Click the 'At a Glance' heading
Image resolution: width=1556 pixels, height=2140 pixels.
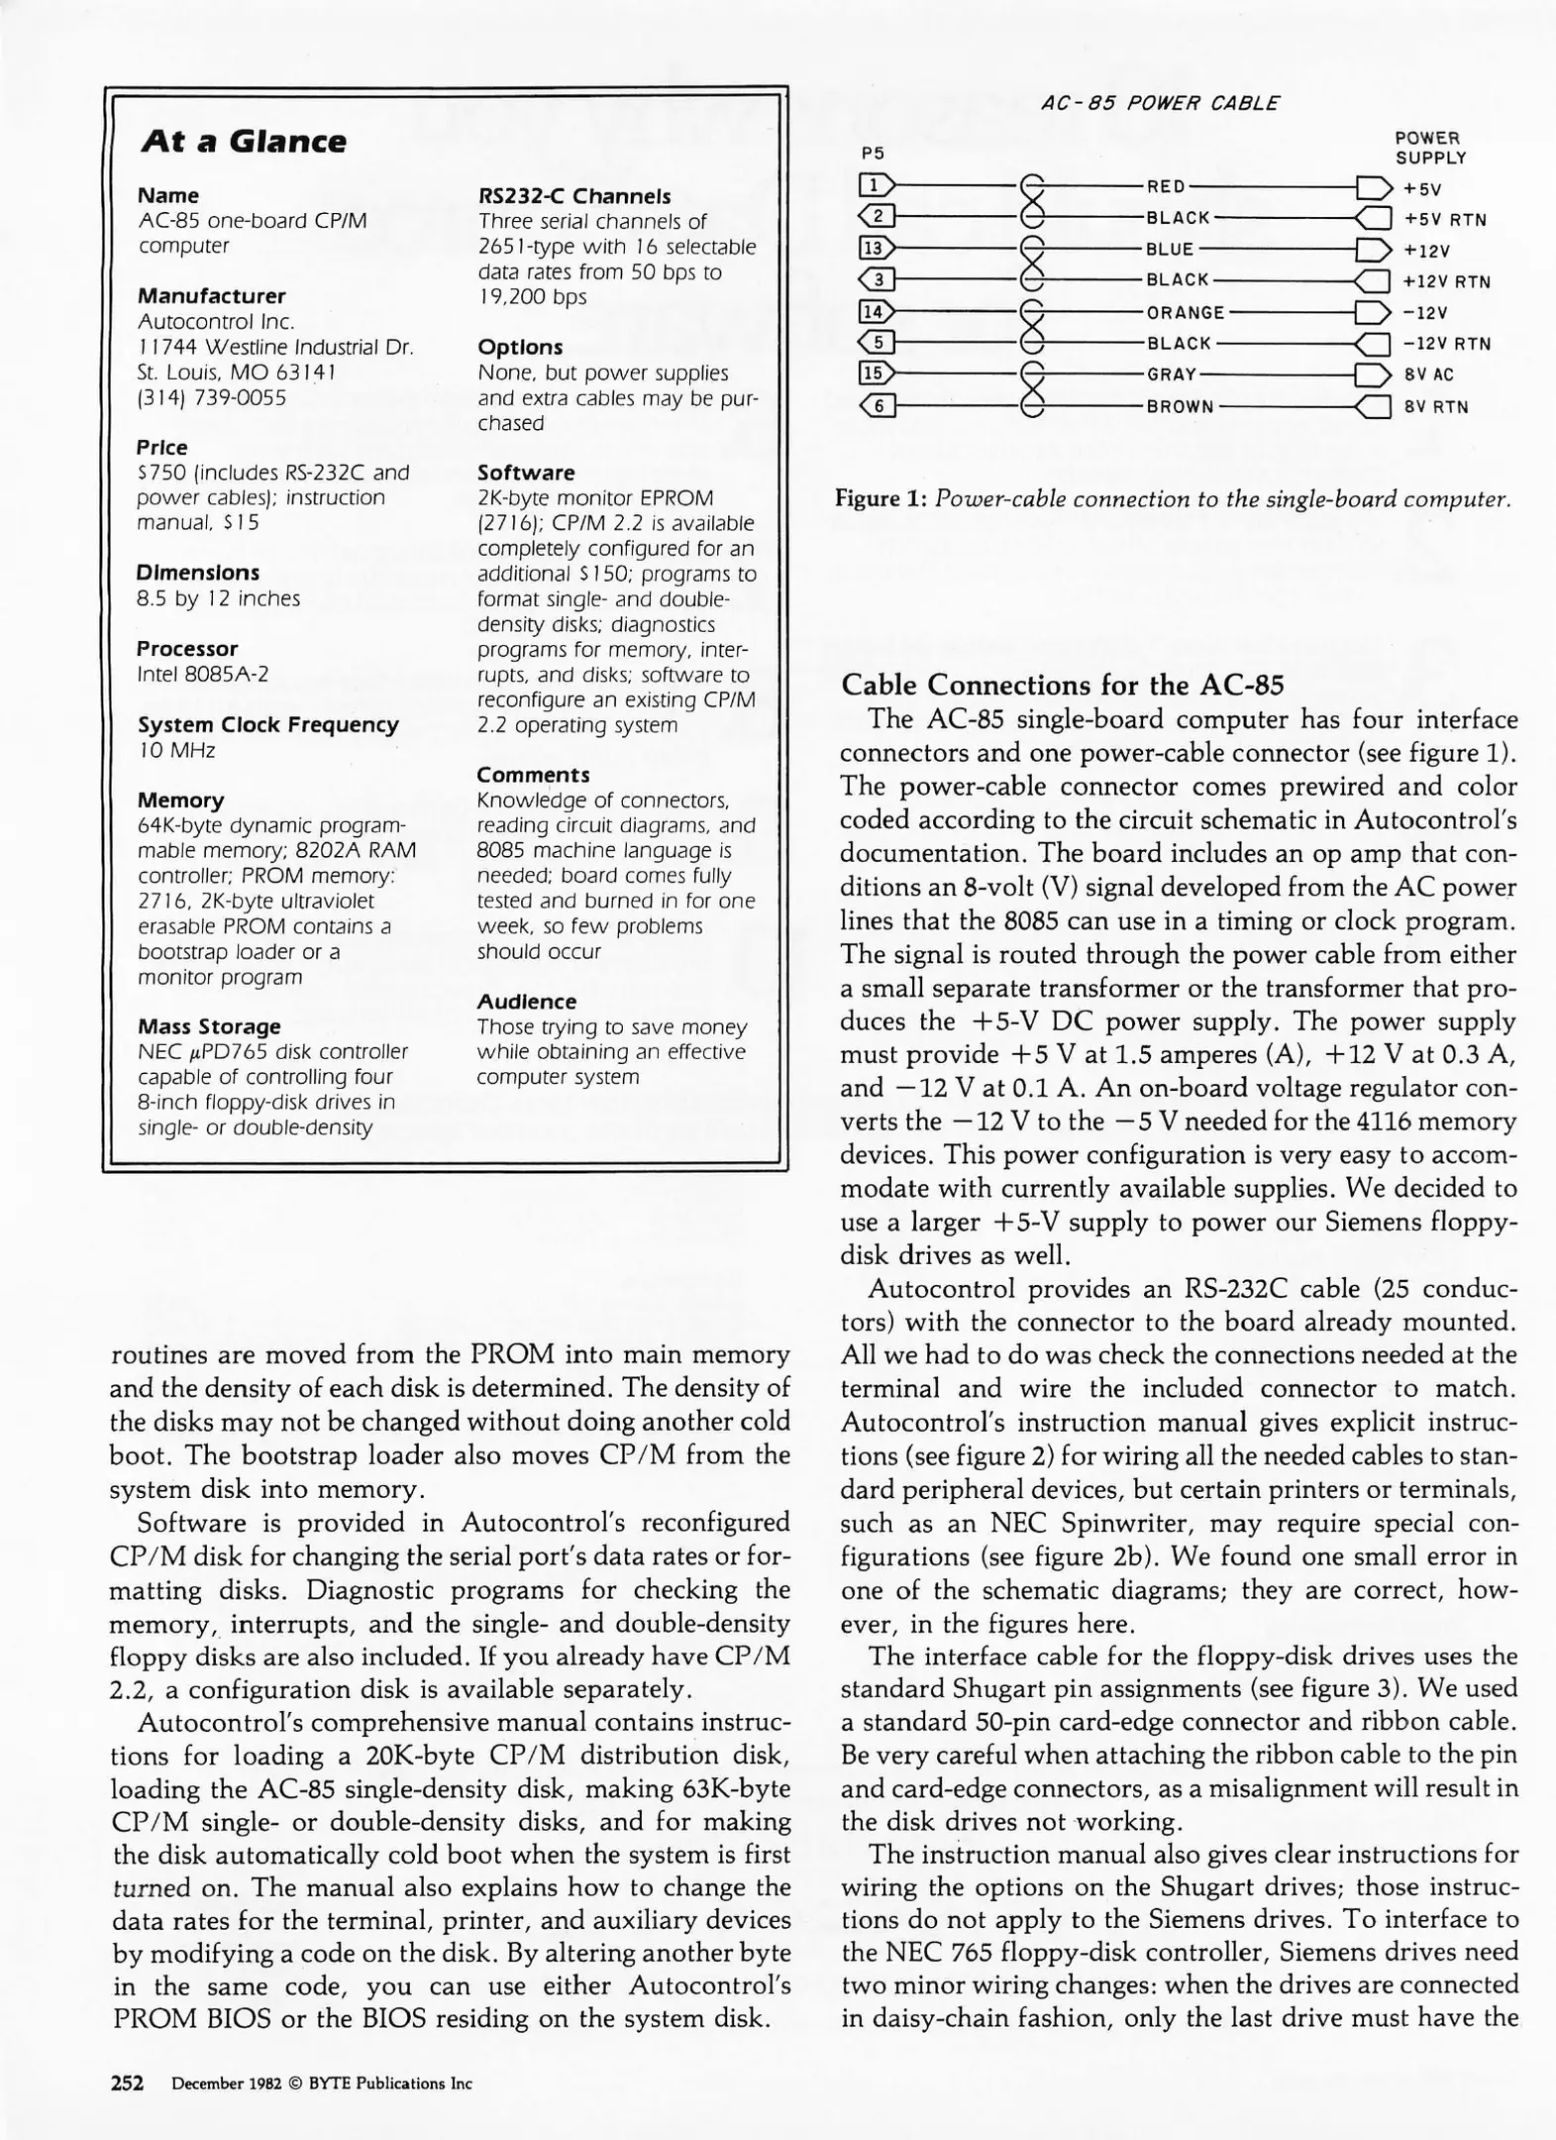[244, 142]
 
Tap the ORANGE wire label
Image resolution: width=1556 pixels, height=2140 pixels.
[1186, 312]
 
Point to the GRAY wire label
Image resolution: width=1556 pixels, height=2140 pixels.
[1172, 374]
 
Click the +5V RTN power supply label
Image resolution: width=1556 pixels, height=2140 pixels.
[1445, 219]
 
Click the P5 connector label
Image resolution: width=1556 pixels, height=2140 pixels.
[873, 154]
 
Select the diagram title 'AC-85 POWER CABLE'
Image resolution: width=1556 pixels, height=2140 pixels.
[1160, 103]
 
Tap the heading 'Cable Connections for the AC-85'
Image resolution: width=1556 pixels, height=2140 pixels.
[1062, 685]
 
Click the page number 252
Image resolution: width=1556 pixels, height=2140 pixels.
[127, 2083]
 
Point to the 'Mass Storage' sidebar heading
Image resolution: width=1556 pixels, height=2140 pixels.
[209, 1026]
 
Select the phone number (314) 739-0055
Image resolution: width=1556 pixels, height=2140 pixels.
[212, 397]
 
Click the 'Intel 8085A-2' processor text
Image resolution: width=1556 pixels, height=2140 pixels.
[203, 674]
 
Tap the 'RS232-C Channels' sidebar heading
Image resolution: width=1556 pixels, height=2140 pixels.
[573, 196]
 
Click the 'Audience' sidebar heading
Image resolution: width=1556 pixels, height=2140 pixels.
[526, 1002]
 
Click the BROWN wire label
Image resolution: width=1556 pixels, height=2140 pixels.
[1180, 406]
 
